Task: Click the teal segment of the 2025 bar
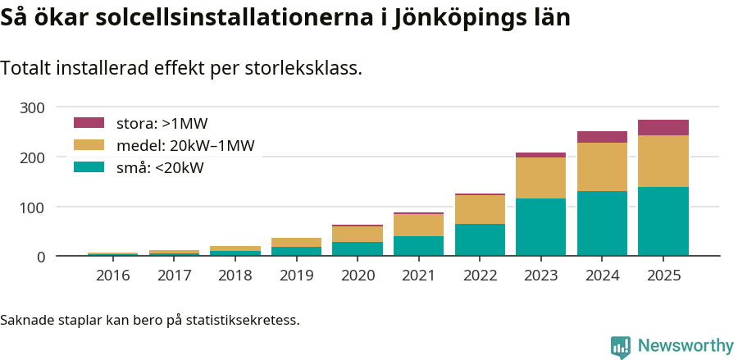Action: (x=663, y=221)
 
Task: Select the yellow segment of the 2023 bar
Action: (x=540, y=177)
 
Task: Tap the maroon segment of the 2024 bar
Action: (x=602, y=137)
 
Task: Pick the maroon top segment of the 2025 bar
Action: (x=663, y=127)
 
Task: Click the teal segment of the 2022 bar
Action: (x=480, y=239)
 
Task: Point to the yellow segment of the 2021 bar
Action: (x=418, y=225)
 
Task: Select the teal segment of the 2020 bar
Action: (x=358, y=248)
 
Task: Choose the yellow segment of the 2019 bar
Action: (x=296, y=242)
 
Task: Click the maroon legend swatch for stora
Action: (x=89, y=123)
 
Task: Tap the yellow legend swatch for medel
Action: (x=89, y=145)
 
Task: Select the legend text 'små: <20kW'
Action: (x=160, y=168)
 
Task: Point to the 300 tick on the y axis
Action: (x=33, y=107)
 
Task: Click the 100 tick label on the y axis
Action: (x=33, y=207)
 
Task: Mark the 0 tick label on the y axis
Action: (x=40, y=257)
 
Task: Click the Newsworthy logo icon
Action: (x=621, y=346)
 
